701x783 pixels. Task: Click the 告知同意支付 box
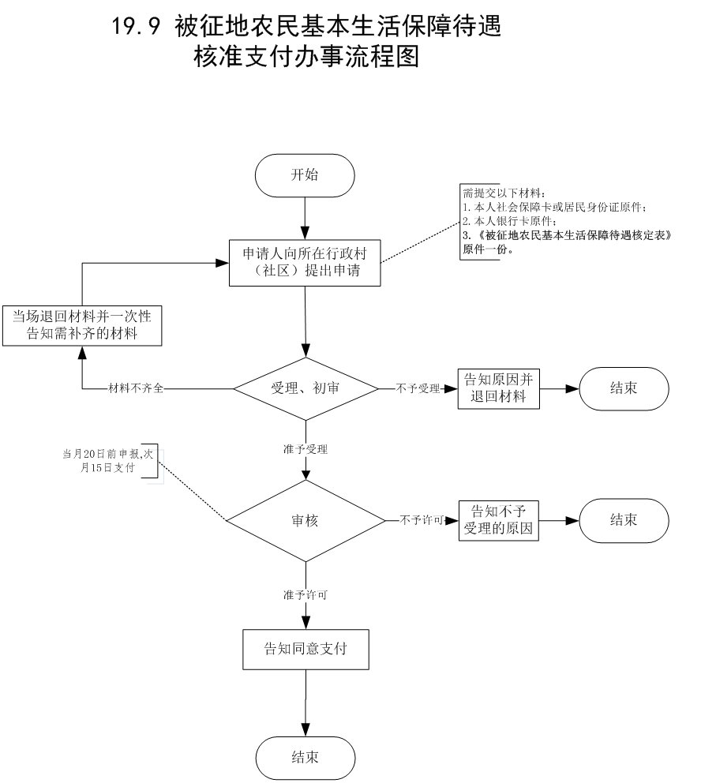click(306, 650)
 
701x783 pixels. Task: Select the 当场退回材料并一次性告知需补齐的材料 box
click(82, 325)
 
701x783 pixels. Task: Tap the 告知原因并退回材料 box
click(499, 388)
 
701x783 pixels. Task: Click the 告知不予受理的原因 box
click(499, 521)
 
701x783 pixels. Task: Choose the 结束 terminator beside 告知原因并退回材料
click(624, 388)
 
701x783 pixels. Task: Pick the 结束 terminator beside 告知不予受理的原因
click(624, 520)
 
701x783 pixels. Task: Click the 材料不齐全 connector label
click(137, 389)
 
